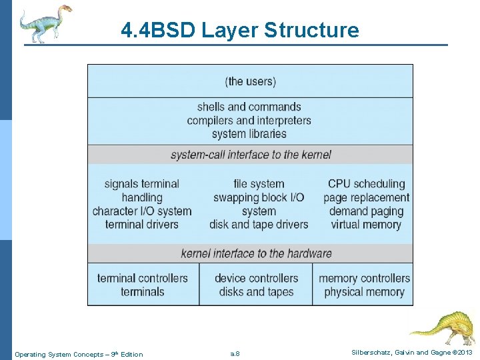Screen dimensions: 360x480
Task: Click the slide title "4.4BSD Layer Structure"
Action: pos(240,30)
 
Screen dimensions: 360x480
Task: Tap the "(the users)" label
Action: pos(251,81)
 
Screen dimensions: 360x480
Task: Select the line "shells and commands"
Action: pos(249,107)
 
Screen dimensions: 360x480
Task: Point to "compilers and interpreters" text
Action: pos(249,121)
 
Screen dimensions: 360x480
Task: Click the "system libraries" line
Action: pos(249,134)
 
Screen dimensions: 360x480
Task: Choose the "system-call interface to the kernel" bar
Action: pos(251,155)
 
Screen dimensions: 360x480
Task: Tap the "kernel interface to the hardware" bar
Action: pos(256,253)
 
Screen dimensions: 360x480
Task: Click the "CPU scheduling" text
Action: pos(367,184)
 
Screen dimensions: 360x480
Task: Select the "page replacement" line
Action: pos(367,197)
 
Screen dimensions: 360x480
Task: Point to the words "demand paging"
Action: pos(367,211)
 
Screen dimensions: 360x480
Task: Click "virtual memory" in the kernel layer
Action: pos(367,225)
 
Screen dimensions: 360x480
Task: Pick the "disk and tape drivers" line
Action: pos(259,225)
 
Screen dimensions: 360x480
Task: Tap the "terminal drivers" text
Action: pos(142,225)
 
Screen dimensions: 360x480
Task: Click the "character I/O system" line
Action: pos(142,211)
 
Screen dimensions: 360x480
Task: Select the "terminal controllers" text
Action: pos(143,278)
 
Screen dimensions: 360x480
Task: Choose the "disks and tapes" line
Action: pos(257,292)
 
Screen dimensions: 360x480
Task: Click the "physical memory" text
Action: pos(364,292)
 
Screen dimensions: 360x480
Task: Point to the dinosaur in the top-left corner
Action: pos(43,23)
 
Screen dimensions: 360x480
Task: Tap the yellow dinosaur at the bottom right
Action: pos(443,327)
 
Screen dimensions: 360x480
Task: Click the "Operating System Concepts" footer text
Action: pos(79,354)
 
